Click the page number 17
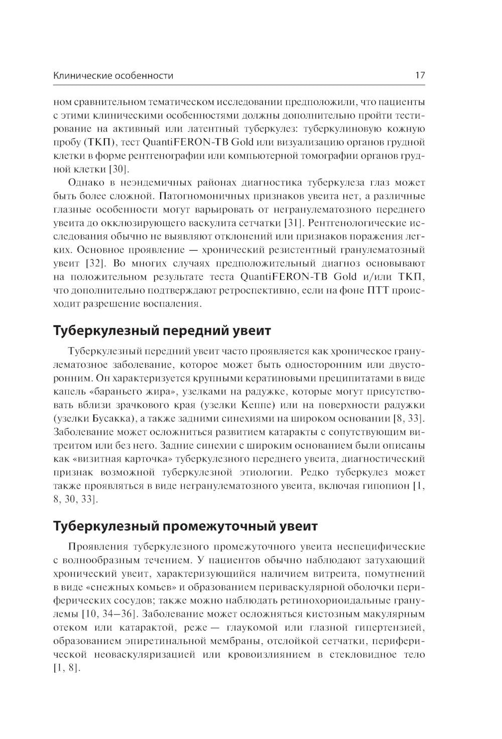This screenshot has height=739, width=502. coord(420,76)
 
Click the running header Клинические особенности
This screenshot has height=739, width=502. coord(113,76)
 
